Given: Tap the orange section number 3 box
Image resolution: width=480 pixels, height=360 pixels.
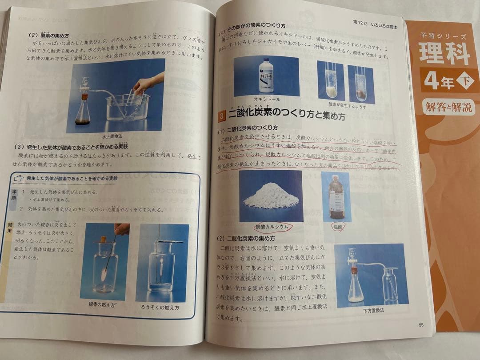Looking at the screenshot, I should pyautogui.click(x=222, y=116).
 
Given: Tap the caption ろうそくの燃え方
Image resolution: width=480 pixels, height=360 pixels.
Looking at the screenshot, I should pyautogui.click(x=162, y=307).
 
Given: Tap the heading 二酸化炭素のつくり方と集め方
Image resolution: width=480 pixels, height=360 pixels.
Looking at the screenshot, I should pyautogui.click(x=287, y=116).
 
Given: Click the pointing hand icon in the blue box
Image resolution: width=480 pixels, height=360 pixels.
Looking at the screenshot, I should pyautogui.click(x=19, y=178).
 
